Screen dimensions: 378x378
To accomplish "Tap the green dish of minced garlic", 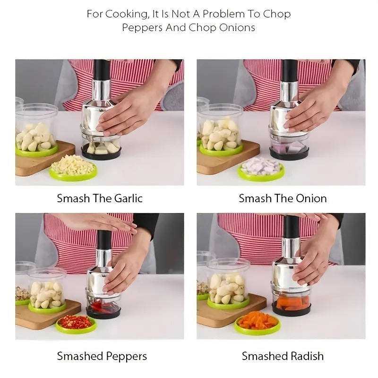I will (x=73, y=168).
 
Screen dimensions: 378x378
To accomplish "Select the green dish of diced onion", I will (x=260, y=169).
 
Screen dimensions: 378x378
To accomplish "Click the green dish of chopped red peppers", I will (x=76, y=324).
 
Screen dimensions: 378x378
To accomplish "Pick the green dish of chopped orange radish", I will (x=257, y=322).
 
